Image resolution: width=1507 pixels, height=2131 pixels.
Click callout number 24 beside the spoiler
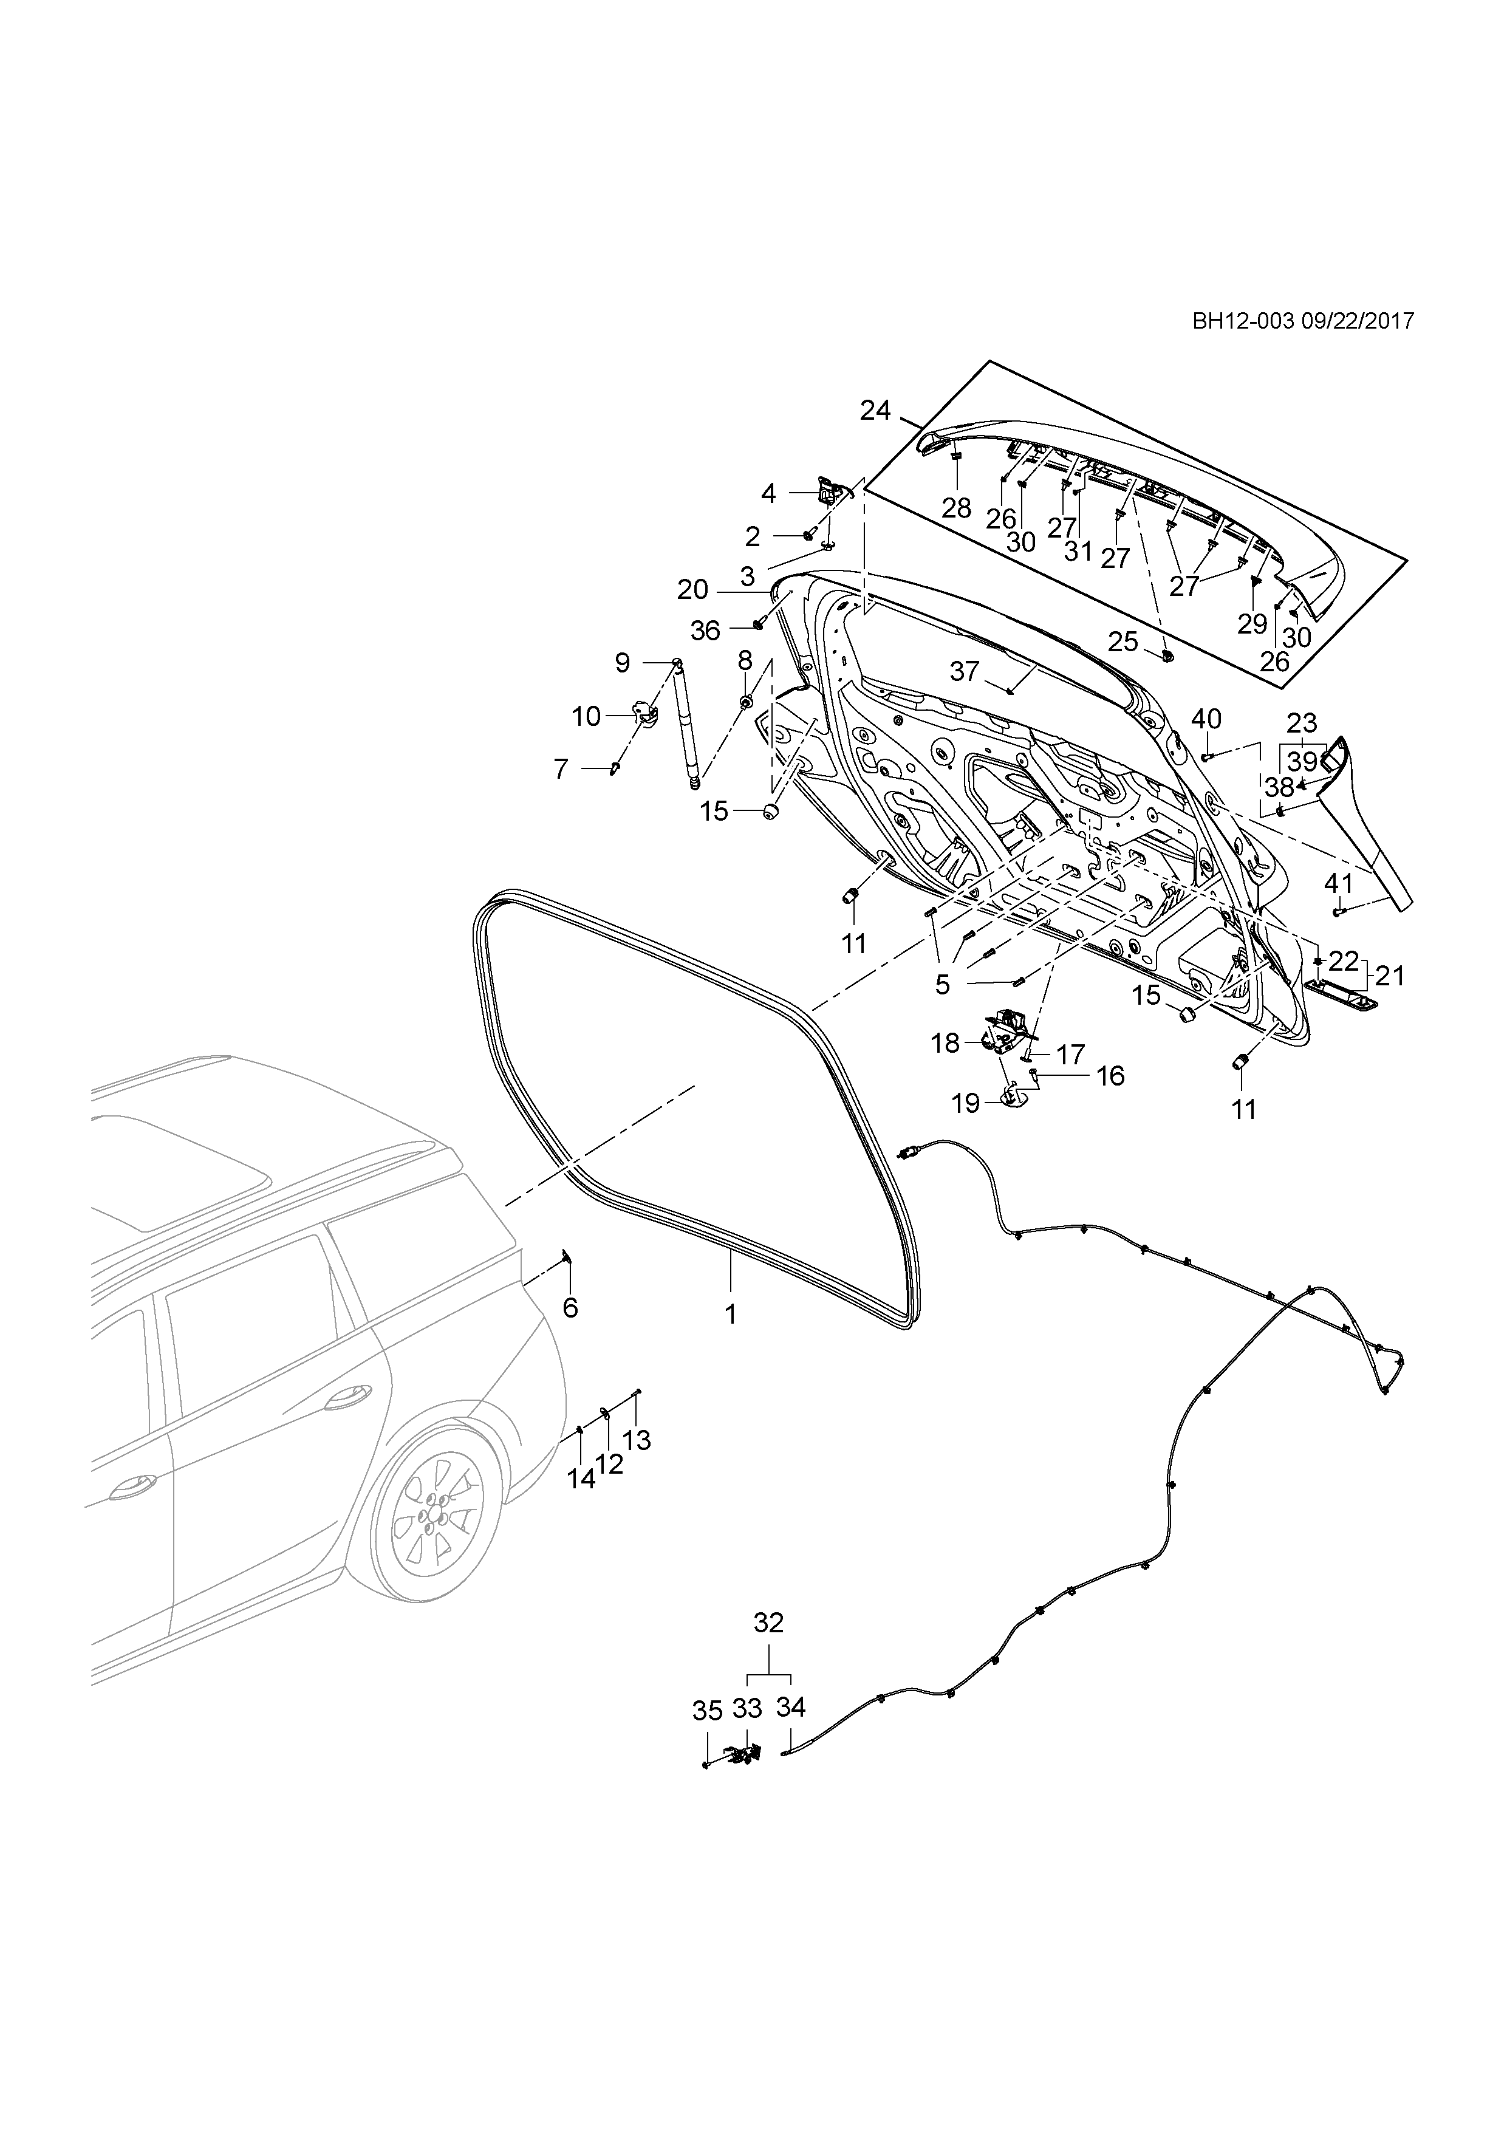pyautogui.click(x=875, y=410)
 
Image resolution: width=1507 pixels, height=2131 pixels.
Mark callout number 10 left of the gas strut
pyautogui.click(x=587, y=717)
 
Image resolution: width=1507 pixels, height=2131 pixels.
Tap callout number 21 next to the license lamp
pyautogui.click(x=1390, y=976)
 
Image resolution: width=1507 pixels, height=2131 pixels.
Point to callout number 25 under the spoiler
pyautogui.click(x=1123, y=641)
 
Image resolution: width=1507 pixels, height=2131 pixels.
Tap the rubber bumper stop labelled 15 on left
pyautogui.click(x=769, y=811)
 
